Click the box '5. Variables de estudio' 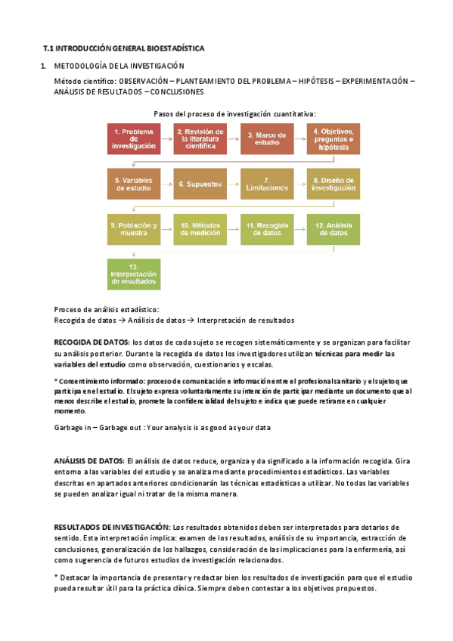pos(134,184)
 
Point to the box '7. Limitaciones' pos(267,184)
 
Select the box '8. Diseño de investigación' pos(334,184)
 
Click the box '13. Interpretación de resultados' pos(134,274)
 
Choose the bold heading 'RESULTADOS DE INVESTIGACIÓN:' pos(112,527)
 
